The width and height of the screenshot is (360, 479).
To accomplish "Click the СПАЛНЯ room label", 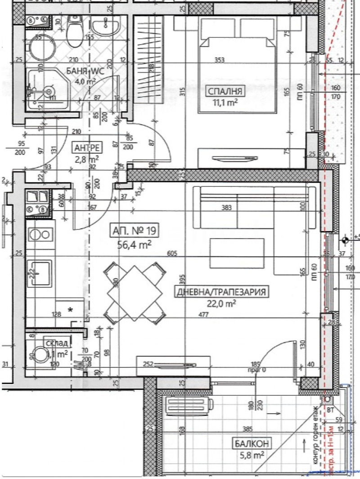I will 225,92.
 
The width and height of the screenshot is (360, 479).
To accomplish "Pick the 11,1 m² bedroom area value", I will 225,102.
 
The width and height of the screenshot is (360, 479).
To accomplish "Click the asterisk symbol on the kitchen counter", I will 70,309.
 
